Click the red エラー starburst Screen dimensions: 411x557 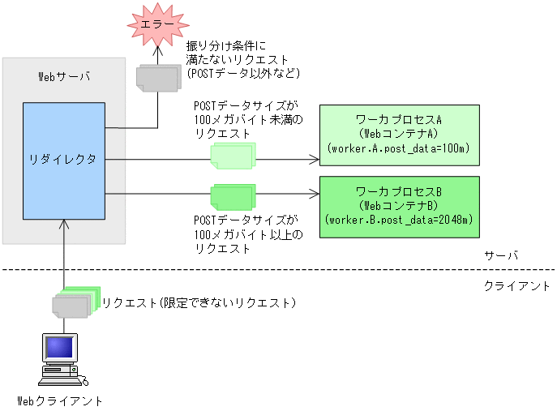[x=157, y=25]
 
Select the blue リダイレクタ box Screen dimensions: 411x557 [x=64, y=161]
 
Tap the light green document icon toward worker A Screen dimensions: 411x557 [x=233, y=155]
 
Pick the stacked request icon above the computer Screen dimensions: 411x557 [x=75, y=302]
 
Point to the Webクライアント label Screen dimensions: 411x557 [x=61, y=400]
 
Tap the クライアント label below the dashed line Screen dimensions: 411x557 [x=516, y=286]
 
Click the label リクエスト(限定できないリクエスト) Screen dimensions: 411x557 [x=199, y=303]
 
